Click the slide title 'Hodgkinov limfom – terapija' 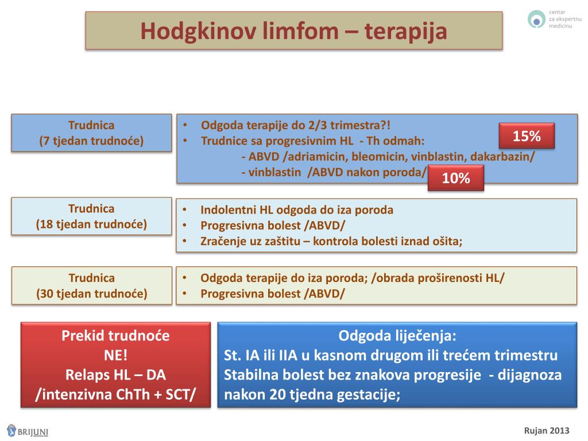coord(293,30)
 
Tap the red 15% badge coord(526,136)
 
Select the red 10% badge coord(456,178)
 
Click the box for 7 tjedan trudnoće coord(91,133)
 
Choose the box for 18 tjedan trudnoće coord(91,216)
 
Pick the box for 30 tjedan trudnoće coord(92,286)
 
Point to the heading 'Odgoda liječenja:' coord(397,335)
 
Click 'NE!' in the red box coord(115,355)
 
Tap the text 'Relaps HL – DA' coord(115,375)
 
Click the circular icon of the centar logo coord(536,20)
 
